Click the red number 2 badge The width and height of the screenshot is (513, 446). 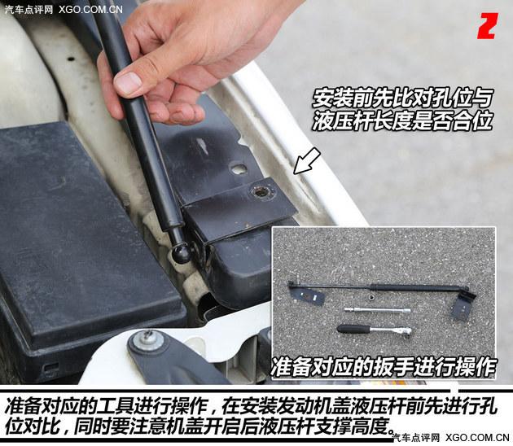click(x=486, y=27)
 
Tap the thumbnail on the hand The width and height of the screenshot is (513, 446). click(x=128, y=82)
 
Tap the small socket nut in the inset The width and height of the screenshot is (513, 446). click(x=371, y=299)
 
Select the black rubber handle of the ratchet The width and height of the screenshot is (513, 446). click(x=353, y=329)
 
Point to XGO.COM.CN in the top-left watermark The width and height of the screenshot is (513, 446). click(x=91, y=10)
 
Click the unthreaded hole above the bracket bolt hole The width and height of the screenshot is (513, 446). click(x=238, y=169)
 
